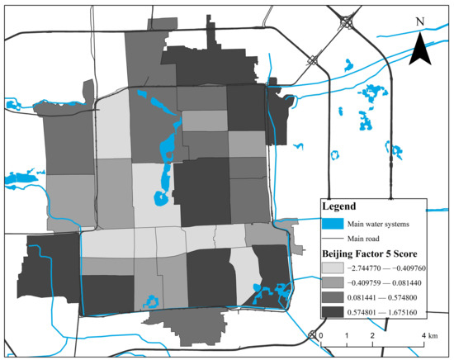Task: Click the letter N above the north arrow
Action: pos(420,21)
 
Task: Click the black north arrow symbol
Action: pos(420,47)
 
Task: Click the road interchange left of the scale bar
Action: pos(312,334)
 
